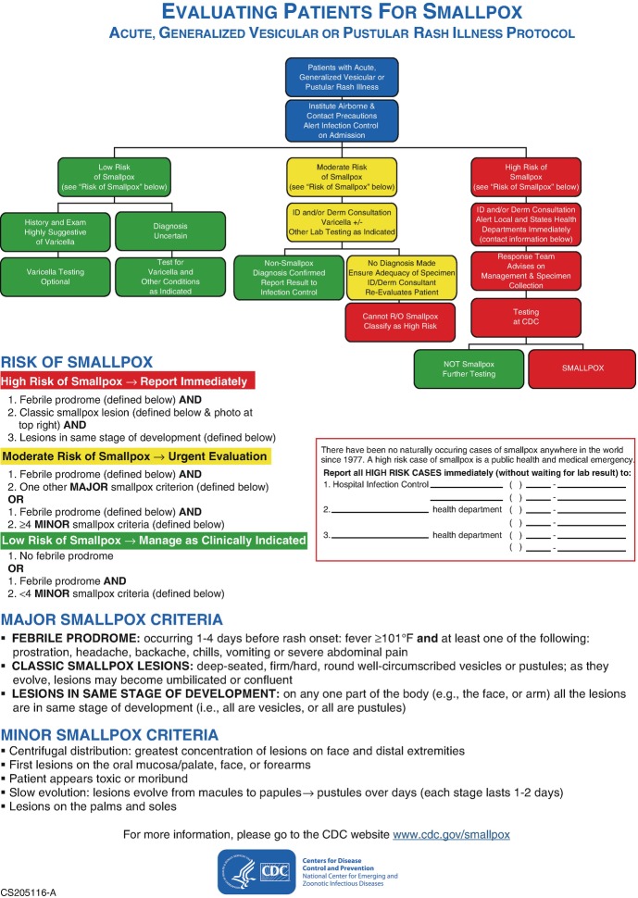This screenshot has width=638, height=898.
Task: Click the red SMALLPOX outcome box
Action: click(x=582, y=368)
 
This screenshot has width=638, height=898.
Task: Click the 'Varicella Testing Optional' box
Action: click(x=56, y=276)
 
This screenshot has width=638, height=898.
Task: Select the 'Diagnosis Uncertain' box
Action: click(x=169, y=231)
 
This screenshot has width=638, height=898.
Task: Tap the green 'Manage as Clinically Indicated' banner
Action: click(x=156, y=540)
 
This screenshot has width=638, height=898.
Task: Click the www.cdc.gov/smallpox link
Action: click(x=451, y=834)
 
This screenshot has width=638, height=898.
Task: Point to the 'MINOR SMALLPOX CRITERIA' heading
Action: click(x=112, y=709)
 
